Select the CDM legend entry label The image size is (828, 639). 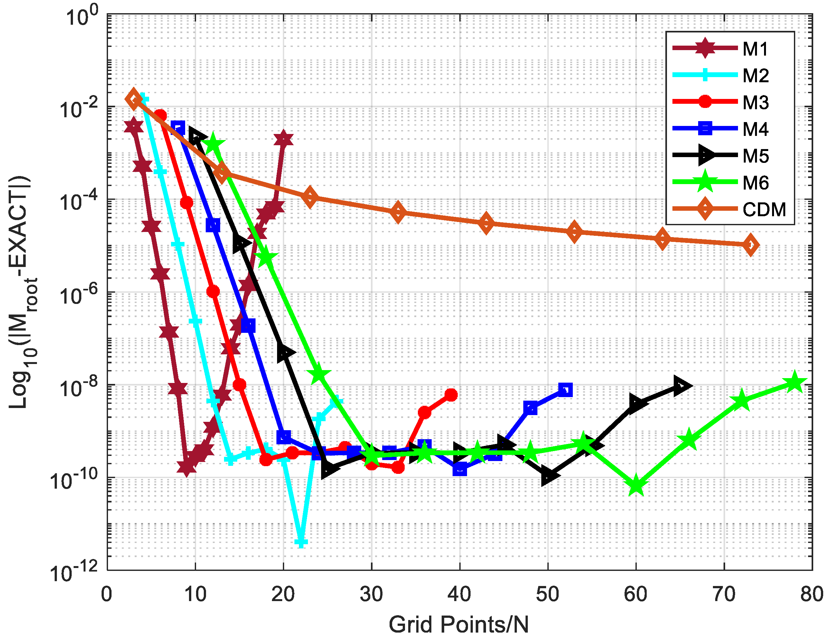764,209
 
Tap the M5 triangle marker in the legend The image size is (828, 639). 705,155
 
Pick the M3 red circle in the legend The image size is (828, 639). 705,102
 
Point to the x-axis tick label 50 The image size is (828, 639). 547,594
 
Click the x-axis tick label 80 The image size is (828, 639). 812,594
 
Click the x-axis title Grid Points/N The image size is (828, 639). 459,624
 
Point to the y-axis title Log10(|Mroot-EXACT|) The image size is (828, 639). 23,292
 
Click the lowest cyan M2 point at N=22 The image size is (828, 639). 301,542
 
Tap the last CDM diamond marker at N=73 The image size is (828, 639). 750,245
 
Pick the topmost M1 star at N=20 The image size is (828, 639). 283,139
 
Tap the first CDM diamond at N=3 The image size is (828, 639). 133,99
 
